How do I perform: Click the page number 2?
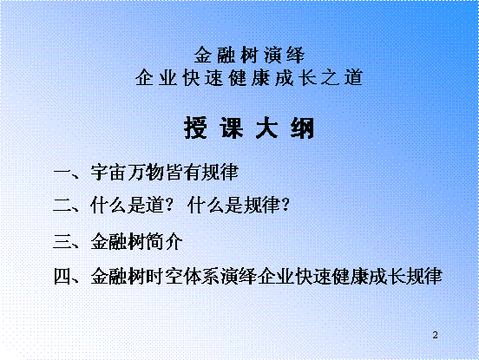(436, 335)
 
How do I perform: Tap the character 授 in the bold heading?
(195, 128)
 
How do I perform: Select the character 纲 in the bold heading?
(303, 128)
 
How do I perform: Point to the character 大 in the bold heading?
(266, 128)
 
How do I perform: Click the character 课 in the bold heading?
(231, 128)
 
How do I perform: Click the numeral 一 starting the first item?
(63, 173)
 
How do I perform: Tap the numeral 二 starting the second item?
(63, 205)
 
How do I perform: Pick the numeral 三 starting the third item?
(63, 241)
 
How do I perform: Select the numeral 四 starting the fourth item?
(63, 277)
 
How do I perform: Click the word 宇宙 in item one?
(108, 173)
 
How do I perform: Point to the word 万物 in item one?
(146, 173)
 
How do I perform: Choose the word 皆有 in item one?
(183, 173)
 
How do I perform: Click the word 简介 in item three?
(164, 241)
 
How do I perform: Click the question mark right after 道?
(169, 205)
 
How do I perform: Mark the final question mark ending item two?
(285, 205)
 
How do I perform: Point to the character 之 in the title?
(331, 77)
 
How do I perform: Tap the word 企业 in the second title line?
(156, 77)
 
